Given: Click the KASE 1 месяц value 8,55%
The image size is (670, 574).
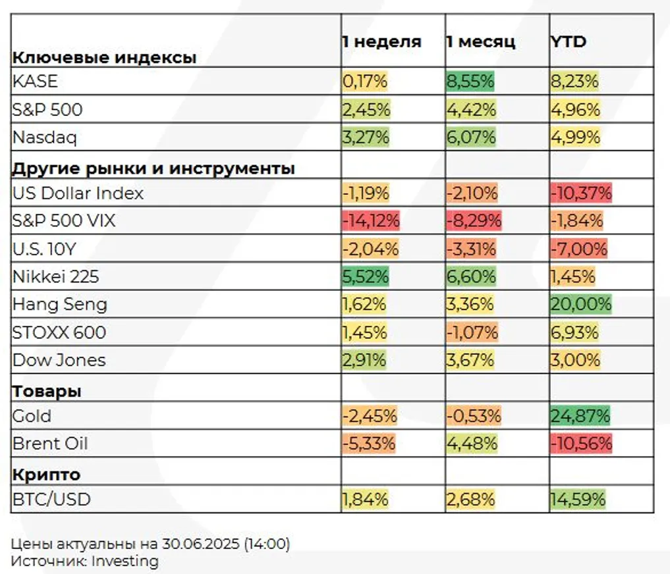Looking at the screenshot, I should [470, 82].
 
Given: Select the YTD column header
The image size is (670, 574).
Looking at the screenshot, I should [569, 43].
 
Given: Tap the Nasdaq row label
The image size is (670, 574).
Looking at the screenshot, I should [45, 138].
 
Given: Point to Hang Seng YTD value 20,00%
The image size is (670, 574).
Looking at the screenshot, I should [580, 304].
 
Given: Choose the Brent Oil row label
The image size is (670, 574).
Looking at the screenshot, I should [50, 444].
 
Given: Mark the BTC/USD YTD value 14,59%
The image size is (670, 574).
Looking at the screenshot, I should [578, 500].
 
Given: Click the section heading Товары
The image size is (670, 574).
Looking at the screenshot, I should [47, 392].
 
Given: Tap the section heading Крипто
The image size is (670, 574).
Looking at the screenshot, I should [46, 475].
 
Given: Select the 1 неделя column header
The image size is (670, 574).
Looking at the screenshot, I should [381, 43].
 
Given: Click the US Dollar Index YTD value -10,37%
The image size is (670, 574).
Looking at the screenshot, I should [581, 194].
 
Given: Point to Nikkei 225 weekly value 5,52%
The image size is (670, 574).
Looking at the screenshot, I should [365, 276].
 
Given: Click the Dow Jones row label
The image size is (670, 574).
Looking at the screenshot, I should [59, 360].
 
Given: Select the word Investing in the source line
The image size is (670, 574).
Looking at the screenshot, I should [125, 561].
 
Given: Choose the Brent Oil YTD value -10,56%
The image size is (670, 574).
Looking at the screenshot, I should [581, 444].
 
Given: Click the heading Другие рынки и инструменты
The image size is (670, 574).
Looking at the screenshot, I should [154, 169].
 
